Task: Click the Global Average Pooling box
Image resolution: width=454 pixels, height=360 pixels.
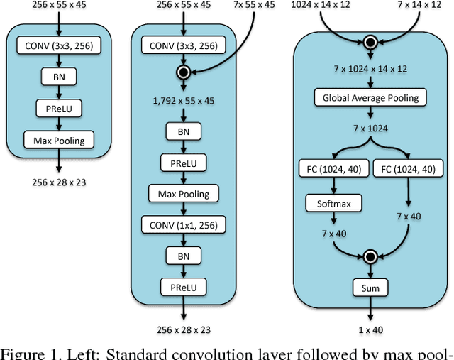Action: point(371,98)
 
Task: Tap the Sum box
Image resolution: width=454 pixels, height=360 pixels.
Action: point(370,288)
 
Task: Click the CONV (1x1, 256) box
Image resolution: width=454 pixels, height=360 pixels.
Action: point(184,225)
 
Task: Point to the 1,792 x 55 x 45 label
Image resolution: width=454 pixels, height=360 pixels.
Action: point(184,101)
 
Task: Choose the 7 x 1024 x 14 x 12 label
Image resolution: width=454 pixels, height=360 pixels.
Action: point(370,68)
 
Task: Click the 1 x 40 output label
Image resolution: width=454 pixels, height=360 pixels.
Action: point(370,329)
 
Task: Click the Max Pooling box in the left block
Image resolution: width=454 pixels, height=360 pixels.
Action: point(59,141)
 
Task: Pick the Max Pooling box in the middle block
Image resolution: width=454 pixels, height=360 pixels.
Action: point(184,193)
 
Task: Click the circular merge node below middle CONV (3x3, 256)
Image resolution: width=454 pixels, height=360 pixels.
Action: point(184,72)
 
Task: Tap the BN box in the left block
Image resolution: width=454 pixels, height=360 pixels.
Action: point(59,77)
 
